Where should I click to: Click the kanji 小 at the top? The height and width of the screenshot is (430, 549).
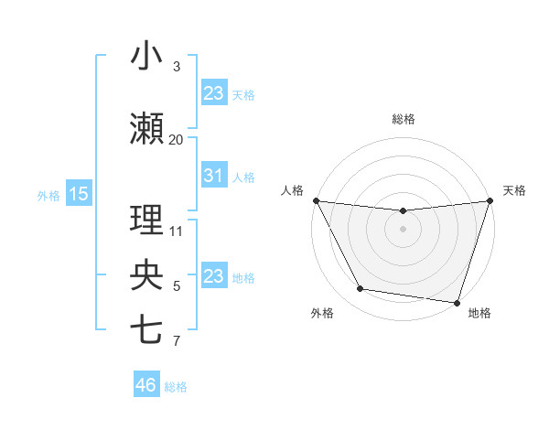pos(146,57)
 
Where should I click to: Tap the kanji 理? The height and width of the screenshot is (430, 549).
pos(146,220)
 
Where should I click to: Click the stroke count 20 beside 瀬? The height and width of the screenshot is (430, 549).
pos(176,139)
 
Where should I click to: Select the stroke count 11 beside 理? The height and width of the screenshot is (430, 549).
pos(177,231)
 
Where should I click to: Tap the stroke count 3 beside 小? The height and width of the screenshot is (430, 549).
pos(177,67)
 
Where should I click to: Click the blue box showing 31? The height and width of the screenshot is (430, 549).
pos(214,176)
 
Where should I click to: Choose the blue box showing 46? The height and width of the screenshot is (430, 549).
pos(146,385)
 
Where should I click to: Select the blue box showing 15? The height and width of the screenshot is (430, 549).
pos(79,193)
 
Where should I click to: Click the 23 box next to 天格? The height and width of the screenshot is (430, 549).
pos(214,92)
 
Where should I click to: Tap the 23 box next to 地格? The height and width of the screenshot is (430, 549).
pos(214,275)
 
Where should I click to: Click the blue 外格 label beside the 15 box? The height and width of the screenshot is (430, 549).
pos(48,194)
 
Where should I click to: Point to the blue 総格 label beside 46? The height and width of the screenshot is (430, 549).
pos(176,387)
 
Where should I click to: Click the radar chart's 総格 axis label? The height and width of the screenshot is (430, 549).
pos(403,119)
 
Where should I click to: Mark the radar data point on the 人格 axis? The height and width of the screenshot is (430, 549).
pos(316,200)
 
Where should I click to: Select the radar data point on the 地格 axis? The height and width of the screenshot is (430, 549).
pos(457,302)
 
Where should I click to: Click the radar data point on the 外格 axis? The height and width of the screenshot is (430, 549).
pos(360,288)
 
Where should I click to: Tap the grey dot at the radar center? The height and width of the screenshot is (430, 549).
pos(403,229)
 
